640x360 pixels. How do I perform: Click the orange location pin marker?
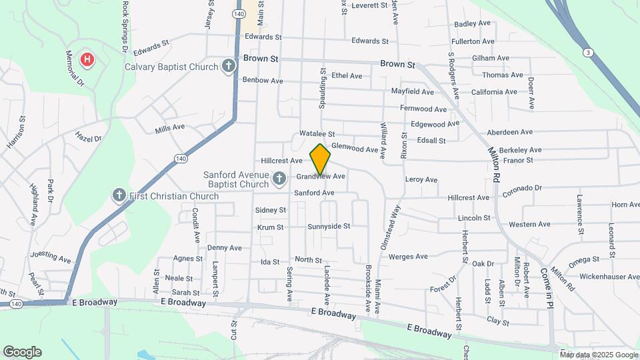click(x=320, y=159)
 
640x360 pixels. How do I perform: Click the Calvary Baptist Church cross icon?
click(x=229, y=66)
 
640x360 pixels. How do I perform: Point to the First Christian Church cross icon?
click(x=119, y=195)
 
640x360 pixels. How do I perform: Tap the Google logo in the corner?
click(x=22, y=352)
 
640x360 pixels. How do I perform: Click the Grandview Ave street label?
click(x=321, y=177)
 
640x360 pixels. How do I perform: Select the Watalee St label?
click(x=317, y=134)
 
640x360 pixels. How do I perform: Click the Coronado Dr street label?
click(x=523, y=189)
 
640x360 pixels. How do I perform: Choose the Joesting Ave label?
click(x=50, y=257)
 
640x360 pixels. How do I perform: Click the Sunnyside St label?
click(x=329, y=227)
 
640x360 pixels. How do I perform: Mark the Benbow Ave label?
click(x=263, y=81)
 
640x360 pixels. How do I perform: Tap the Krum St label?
click(x=271, y=227)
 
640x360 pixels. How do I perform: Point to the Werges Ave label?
click(x=407, y=257)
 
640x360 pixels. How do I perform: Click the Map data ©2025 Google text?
click(x=599, y=355)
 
